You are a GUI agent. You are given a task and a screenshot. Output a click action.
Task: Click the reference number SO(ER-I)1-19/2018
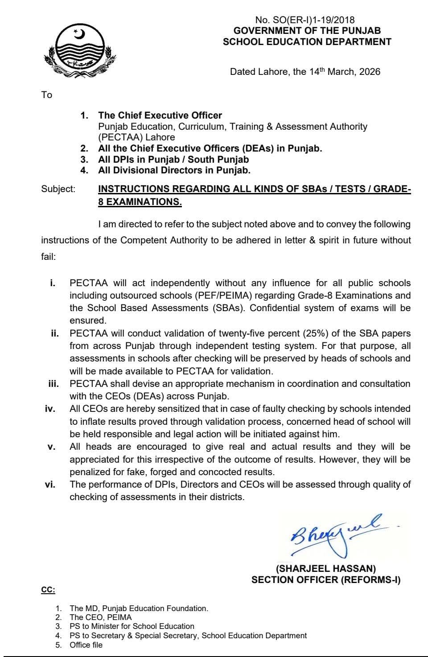point(312,20)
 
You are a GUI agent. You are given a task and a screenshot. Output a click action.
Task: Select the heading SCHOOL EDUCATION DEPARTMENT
point(307,42)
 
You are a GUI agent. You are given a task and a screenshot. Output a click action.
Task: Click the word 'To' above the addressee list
point(47,95)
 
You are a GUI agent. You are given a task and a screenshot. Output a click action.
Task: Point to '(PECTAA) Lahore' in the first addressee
point(136,137)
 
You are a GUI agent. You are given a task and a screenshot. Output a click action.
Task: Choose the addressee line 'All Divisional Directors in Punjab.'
point(174,170)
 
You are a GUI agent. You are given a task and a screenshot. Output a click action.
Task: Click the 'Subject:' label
point(58,189)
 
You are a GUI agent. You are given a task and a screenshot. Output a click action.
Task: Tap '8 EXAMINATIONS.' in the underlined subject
point(140,201)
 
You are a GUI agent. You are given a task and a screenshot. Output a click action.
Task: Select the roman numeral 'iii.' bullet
point(53,384)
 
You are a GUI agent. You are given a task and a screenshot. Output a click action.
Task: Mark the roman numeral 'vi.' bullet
point(50,485)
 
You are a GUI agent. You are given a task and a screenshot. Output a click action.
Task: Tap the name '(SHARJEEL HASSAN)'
point(326,569)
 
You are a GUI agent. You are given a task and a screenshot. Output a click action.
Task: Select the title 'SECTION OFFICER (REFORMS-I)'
point(326,580)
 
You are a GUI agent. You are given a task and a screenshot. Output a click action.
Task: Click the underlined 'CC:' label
point(48,590)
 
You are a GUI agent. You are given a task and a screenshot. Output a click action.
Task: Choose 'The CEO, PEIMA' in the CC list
point(101,617)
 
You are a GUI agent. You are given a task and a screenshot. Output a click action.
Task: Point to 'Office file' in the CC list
point(86,645)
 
